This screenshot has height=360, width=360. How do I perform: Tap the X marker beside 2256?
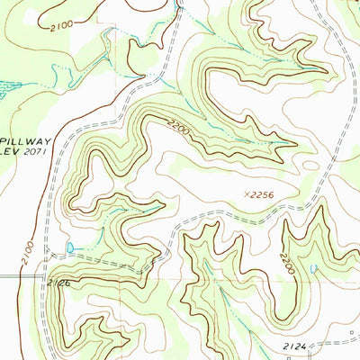click(x=247, y=192)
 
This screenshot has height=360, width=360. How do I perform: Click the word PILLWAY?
click(x=24, y=142)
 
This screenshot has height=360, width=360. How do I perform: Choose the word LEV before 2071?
click(x=10, y=155)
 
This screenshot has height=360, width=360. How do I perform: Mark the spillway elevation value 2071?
click(x=38, y=155)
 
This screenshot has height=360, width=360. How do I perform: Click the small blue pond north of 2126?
click(x=69, y=246)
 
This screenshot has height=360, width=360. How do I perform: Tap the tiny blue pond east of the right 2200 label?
click(x=312, y=267)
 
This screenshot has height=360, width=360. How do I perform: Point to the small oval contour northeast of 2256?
click(x=310, y=165)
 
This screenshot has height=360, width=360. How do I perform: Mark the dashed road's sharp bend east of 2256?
click(x=318, y=193)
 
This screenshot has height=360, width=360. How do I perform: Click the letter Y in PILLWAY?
click(x=45, y=142)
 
